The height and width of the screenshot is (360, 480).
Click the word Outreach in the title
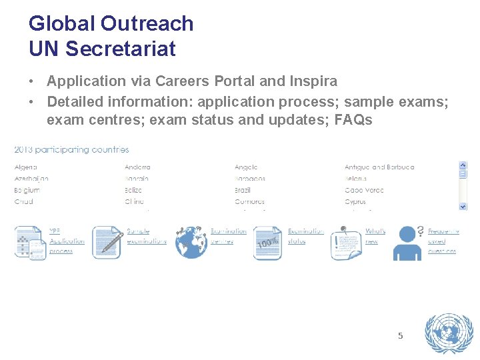(x=147, y=24)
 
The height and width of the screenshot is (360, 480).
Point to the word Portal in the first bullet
(x=237, y=81)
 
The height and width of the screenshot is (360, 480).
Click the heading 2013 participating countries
(x=72, y=149)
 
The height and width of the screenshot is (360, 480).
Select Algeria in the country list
(x=26, y=167)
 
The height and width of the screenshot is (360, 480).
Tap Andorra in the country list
(x=137, y=167)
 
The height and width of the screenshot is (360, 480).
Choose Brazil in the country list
(x=243, y=190)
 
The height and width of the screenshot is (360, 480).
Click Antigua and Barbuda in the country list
(x=379, y=167)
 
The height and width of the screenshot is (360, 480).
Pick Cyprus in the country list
(x=356, y=201)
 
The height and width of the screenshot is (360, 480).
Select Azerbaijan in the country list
(x=31, y=179)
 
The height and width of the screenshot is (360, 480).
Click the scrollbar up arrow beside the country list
(x=463, y=165)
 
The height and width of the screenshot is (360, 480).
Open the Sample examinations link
(x=146, y=236)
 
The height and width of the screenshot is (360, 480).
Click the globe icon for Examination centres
(x=191, y=242)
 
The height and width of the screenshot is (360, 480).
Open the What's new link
(x=375, y=236)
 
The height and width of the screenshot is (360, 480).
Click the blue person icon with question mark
(x=407, y=243)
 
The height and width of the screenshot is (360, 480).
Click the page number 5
(x=400, y=336)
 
